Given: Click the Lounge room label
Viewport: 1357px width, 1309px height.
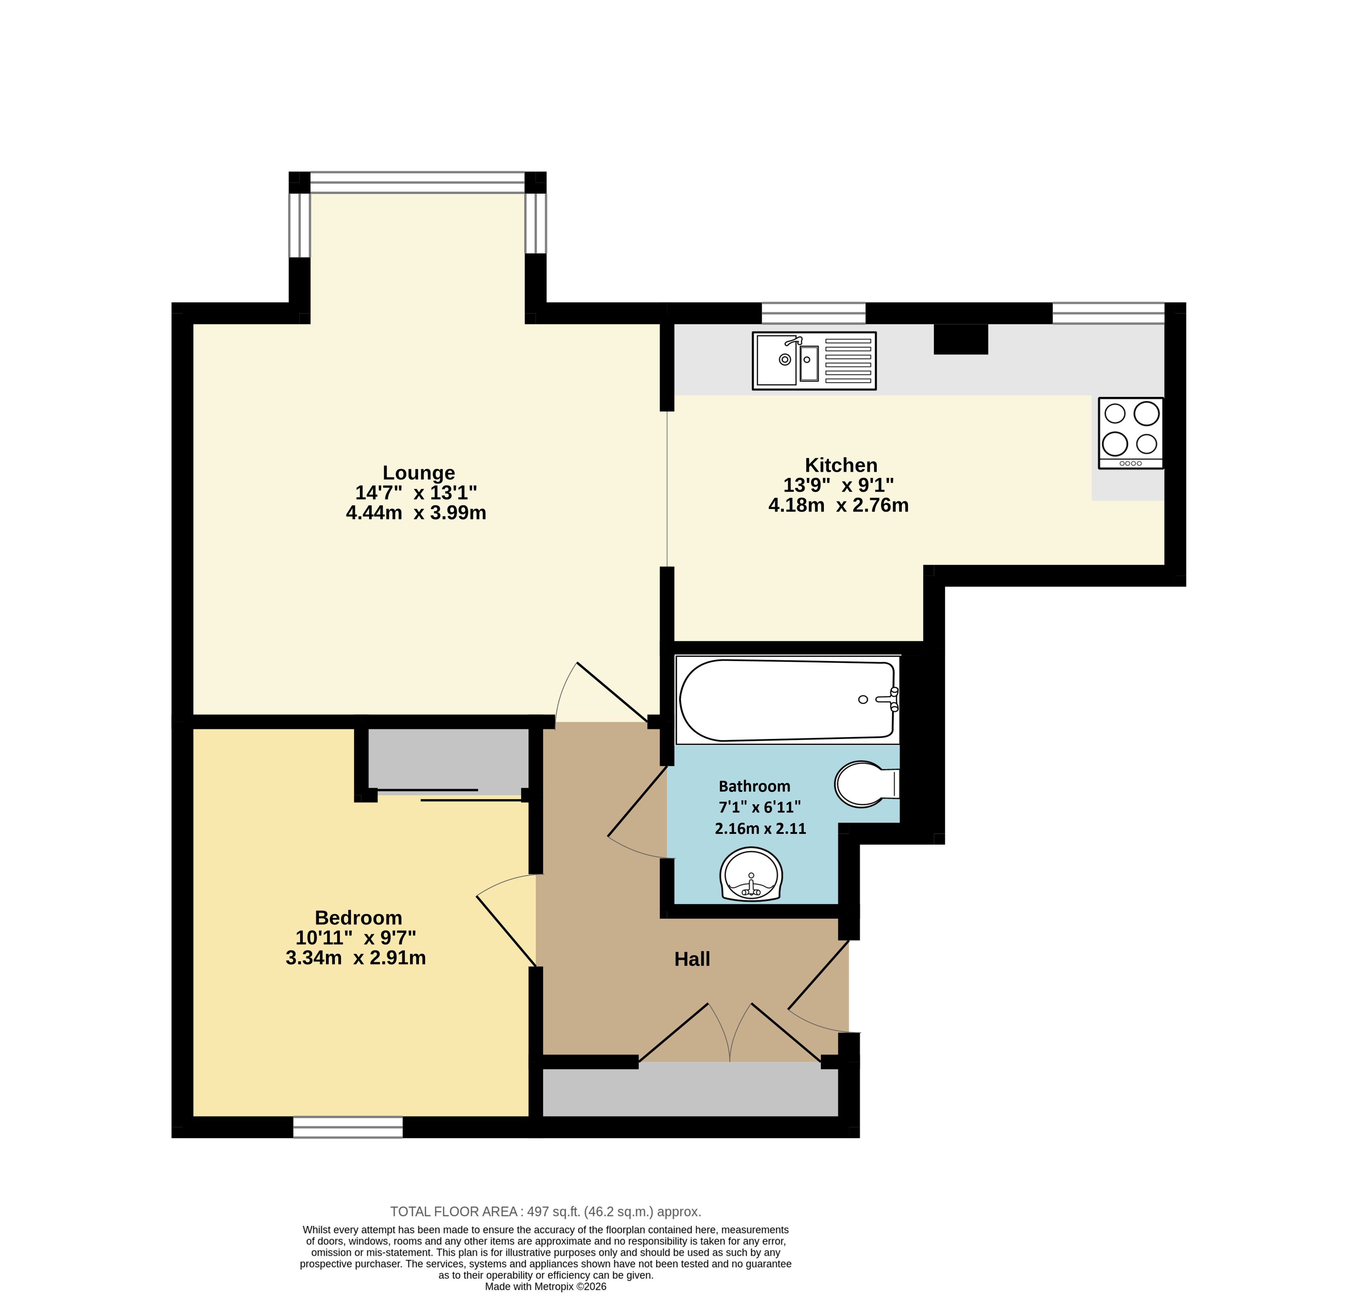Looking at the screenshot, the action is (419, 473).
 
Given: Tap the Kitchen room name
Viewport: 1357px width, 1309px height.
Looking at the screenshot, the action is (841, 465).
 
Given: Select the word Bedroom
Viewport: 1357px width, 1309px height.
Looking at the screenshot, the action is (359, 918).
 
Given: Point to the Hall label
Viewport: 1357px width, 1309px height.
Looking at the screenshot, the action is (692, 959).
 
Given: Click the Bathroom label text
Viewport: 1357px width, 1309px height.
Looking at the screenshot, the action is (755, 787).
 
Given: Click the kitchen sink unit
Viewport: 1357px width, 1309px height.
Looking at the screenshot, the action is (814, 361).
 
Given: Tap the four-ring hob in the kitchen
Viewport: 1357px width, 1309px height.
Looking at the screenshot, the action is (1131, 433).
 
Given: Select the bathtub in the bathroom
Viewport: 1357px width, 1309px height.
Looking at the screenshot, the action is (788, 700).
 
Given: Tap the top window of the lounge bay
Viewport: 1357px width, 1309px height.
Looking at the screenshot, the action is (418, 183).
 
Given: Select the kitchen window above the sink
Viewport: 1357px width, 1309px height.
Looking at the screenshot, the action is (813, 313).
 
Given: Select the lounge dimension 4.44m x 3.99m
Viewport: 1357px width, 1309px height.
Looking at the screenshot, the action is (416, 513).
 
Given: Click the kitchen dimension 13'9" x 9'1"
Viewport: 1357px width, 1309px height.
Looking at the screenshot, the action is (838, 486).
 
